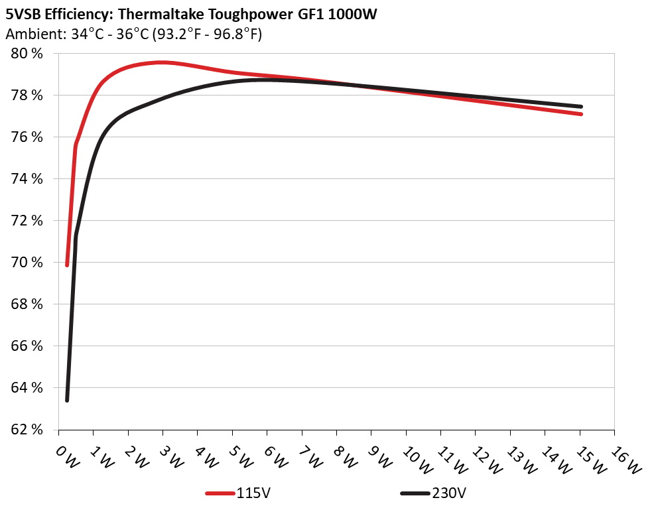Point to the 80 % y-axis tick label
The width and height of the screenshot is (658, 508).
click(x=27, y=54)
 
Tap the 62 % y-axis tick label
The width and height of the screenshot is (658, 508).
click(x=27, y=430)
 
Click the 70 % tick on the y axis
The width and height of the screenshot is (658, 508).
click(x=27, y=263)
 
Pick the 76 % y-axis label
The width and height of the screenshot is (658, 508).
click(x=27, y=137)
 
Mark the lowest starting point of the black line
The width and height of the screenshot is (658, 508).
click(x=67, y=400)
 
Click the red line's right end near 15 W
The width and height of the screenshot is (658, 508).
click(x=580, y=114)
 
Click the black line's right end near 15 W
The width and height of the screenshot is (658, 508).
click(x=580, y=106)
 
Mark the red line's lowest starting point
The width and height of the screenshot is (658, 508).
click(x=67, y=265)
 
